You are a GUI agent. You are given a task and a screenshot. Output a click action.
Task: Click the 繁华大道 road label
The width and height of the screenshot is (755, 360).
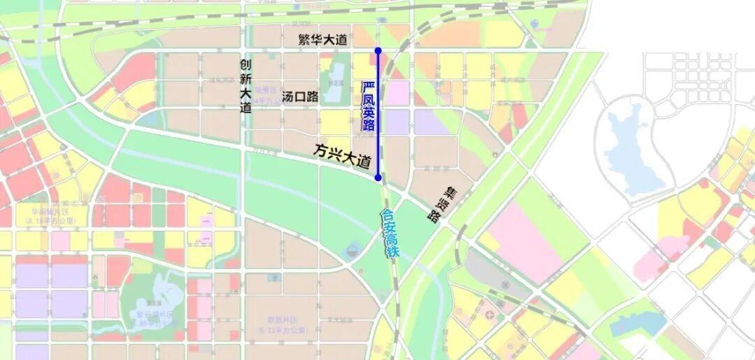click(x=322, y=40)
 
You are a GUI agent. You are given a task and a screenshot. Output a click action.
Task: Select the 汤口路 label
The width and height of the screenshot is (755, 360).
click(x=300, y=96)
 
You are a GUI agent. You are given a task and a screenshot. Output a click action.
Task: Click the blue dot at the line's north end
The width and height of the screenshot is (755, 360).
click(x=378, y=50)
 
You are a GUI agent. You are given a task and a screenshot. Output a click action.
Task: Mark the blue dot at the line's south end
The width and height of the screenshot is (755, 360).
click(x=378, y=178)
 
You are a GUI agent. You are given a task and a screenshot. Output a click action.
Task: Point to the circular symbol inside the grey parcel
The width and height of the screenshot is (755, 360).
click(x=505, y=285)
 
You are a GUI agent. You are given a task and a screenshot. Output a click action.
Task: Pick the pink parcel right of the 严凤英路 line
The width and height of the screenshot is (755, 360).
click(x=397, y=92)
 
